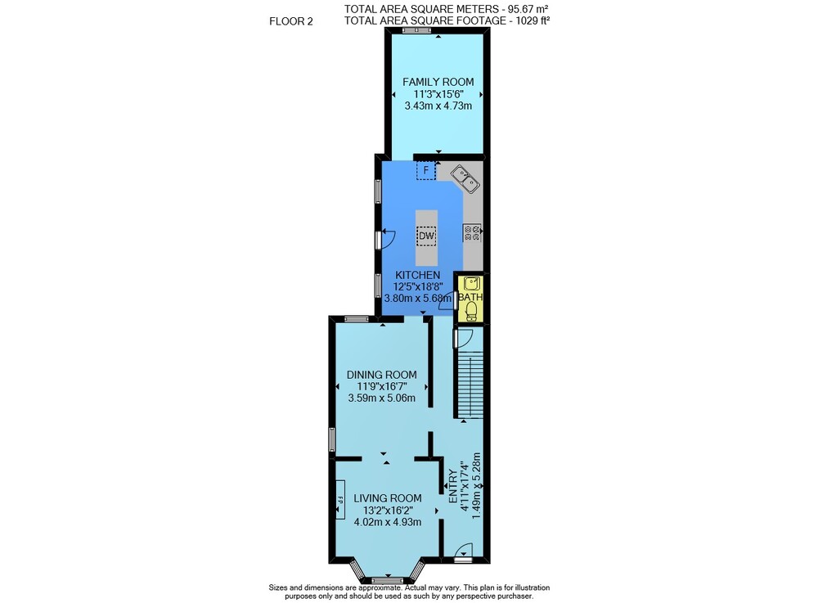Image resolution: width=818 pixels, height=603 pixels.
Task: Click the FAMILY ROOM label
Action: click(x=438, y=82)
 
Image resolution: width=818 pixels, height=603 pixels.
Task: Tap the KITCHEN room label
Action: click(x=417, y=275)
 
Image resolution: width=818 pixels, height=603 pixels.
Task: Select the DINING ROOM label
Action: click(x=382, y=375)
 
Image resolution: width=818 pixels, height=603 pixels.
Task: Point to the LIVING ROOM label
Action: click(x=388, y=498)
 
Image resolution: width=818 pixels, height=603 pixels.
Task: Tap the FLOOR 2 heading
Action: click(x=291, y=21)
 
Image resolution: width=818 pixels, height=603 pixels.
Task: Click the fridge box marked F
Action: click(x=425, y=170)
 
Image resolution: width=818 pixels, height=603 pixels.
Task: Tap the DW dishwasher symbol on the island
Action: click(x=426, y=236)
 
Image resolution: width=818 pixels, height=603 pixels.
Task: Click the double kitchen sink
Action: click(x=465, y=179)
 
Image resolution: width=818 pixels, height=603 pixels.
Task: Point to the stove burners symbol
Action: click(x=472, y=232)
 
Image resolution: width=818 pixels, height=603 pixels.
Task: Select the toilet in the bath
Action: click(x=472, y=312)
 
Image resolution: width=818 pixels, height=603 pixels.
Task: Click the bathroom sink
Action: click(x=472, y=283)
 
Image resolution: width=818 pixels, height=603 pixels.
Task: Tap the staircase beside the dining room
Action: click(x=470, y=385)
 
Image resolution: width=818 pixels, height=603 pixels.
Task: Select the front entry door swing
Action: click(x=464, y=551)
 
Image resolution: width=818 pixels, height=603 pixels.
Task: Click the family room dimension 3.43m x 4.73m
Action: click(x=438, y=106)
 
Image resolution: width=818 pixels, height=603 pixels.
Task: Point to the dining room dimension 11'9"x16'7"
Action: click(x=382, y=386)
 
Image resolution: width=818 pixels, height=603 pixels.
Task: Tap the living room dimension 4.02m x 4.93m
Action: click(x=388, y=522)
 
